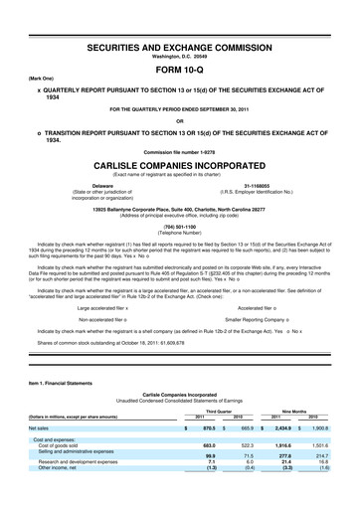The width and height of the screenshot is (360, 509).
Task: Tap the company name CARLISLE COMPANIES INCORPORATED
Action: coord(180,164)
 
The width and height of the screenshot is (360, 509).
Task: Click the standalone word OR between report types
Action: coord(180,123)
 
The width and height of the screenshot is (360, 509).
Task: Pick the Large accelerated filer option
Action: coord(103,309)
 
